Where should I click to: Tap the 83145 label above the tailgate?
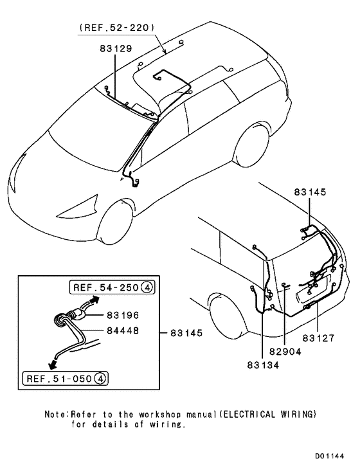(x=310, y=192)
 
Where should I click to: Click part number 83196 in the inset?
(x=122, y=316)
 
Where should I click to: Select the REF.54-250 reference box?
(x=110, y=287)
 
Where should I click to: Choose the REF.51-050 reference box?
(x=64, y=377)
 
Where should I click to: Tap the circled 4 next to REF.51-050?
(x=100, y=377)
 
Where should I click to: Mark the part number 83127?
(x=319, y=336)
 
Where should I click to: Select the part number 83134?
(x=263, y=366)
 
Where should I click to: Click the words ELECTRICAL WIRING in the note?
(x=274, y=415)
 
